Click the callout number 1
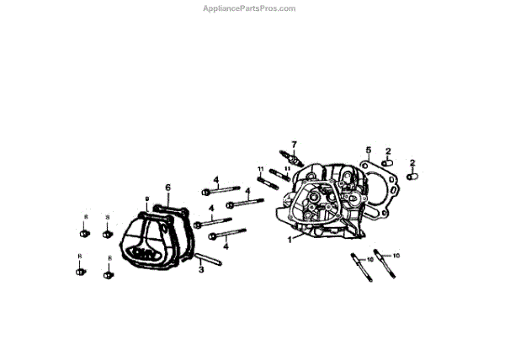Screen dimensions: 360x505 (x=289, y=240)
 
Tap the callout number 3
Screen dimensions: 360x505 (x=201, y=270)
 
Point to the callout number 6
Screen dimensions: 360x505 (x=167, y=187)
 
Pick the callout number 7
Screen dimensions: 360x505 (x=295, y=145)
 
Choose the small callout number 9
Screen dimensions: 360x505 (x=146, y=200)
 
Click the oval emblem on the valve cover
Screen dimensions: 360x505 (x=143, y=251)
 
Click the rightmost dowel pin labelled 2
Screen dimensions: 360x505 (x=412, y=177)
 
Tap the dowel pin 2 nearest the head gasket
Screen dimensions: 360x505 (x=388, y=163)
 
